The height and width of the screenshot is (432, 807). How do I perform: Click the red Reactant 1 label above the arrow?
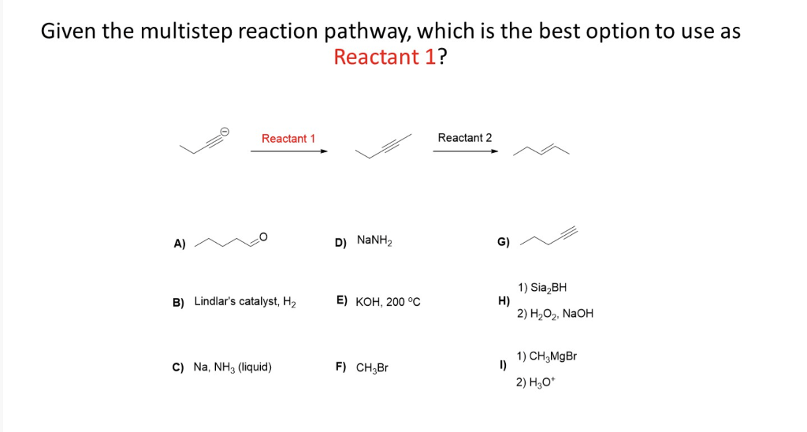(288, 139)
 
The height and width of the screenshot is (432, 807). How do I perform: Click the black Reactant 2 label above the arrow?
(464, 138)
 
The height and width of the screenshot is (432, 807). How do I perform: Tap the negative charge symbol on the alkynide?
(225, 131)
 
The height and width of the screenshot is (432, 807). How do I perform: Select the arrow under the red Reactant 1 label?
(288, 152)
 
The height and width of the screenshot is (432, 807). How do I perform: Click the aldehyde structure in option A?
(232, 240)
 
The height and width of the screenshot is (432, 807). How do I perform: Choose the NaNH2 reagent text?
(374, 240)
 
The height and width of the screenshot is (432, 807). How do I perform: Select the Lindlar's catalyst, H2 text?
(245, 301)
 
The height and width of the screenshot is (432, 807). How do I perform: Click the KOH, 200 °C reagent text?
(388, 301)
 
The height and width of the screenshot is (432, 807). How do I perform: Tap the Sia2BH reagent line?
(542, 288)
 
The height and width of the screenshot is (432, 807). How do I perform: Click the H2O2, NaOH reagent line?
(555, 314)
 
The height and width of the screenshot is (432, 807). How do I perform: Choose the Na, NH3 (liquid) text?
(232, 367)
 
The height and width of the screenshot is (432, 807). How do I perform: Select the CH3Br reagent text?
(372, 367)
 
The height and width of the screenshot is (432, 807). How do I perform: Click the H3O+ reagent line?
(536, 383)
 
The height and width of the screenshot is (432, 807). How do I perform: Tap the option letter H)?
(504, 300)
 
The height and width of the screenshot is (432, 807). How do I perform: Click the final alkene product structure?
(541, 150)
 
